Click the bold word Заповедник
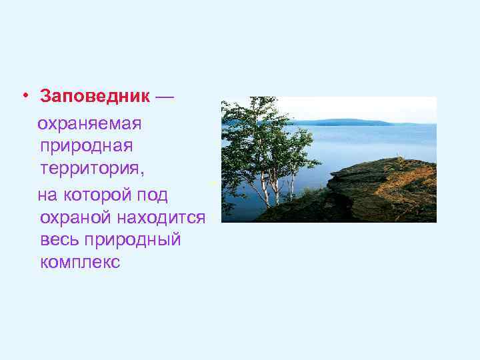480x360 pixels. pos(95,96)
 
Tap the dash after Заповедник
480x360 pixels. pos(165,96)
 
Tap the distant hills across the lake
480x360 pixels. pos(347,122)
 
